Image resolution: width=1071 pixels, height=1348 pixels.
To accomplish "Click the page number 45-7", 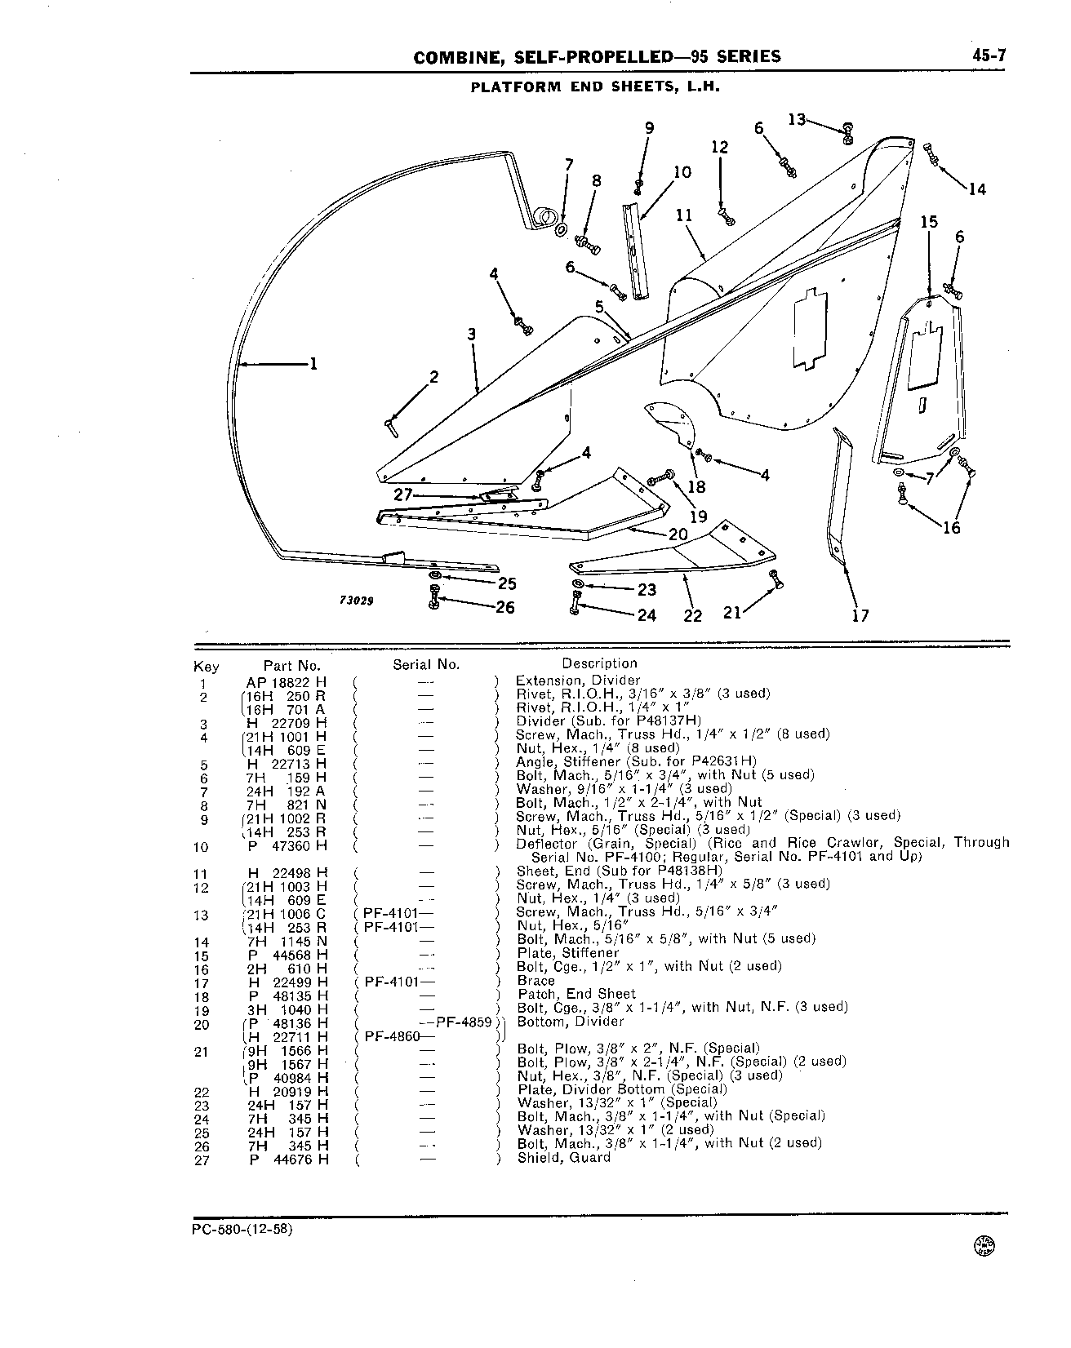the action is click(x=989, y=56).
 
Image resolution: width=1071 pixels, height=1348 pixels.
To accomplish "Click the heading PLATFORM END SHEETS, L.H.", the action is click(x=594, y=86).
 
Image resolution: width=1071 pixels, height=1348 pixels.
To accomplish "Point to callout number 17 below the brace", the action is click(x=860, y=615).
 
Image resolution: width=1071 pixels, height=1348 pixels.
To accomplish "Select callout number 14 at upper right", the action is click(x=977, y=189).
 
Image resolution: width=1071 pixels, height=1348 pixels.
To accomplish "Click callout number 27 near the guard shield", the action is click(x=403, y=494).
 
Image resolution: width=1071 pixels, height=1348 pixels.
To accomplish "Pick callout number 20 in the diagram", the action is click(x=678, y=534).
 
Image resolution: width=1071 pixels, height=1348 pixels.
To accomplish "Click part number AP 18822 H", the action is click(x=287, y=681).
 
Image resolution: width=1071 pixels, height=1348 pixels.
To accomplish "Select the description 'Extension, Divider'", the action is click(x=578, y=681).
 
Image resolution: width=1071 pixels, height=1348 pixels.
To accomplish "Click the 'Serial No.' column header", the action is click(x=426, y=664).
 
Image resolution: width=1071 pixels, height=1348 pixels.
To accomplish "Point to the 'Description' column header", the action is click(x=599, y=663).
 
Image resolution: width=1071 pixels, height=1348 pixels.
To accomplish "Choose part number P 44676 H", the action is click(x=288, y=1159).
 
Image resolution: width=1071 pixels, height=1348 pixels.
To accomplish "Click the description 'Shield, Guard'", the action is click(x=564, y=1158).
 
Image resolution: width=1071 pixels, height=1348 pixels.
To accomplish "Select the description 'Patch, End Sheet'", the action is click(x=576, y=994).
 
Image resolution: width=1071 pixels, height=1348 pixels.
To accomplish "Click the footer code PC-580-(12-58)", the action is click(x=238, y=1230).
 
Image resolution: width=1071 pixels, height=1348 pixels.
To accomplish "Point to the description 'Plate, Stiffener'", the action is click(x=568, y=953).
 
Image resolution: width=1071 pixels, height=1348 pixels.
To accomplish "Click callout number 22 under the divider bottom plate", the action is click(x=692, y=615).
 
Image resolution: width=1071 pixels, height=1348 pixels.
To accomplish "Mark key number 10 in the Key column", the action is click(x=201, y=848).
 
